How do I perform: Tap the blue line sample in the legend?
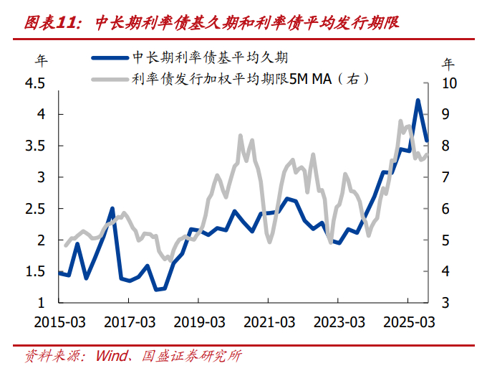click(x=109, y=58)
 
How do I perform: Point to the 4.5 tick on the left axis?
click(x=35, y=84)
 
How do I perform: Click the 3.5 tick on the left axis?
click(x=35, y=146)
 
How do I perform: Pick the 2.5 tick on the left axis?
click(x=35, y=208)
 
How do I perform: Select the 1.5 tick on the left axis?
click(x=35, y=271)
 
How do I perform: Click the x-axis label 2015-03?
click(x=59, y=321)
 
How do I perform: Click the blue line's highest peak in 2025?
click(x=418, y=100)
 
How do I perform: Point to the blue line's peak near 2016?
click(x=112, y=208)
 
